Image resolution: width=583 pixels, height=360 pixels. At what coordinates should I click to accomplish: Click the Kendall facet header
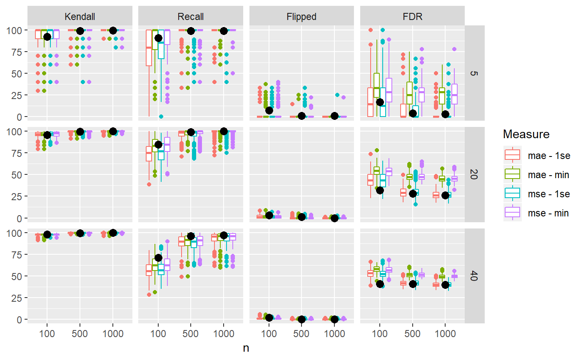tap(80, 17)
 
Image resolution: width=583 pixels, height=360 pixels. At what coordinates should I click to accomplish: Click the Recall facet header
tap(191, 17)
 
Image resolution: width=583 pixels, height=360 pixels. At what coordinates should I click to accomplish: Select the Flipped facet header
tap(301, 17)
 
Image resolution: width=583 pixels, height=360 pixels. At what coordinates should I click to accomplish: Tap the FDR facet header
tap(412, 17)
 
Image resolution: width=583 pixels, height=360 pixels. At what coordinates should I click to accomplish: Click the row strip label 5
tap(474, 73)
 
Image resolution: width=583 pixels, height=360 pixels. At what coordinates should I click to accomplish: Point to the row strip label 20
tap(474, 175)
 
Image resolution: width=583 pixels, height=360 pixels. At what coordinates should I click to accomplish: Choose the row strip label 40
tap(474, 276)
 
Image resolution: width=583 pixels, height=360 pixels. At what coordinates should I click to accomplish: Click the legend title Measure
tap(526, 134)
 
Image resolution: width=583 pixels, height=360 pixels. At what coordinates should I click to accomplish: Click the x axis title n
tap(246, 348)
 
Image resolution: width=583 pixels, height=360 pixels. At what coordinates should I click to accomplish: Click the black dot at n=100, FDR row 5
tap(379, 102)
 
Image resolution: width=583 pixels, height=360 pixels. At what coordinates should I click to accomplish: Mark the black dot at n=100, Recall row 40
tap(158, 258)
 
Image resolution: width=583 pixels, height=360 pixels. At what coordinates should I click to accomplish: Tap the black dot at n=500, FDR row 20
tap(413, 194)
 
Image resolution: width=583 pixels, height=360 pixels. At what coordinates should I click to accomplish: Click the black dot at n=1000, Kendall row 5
tap(113, 30)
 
